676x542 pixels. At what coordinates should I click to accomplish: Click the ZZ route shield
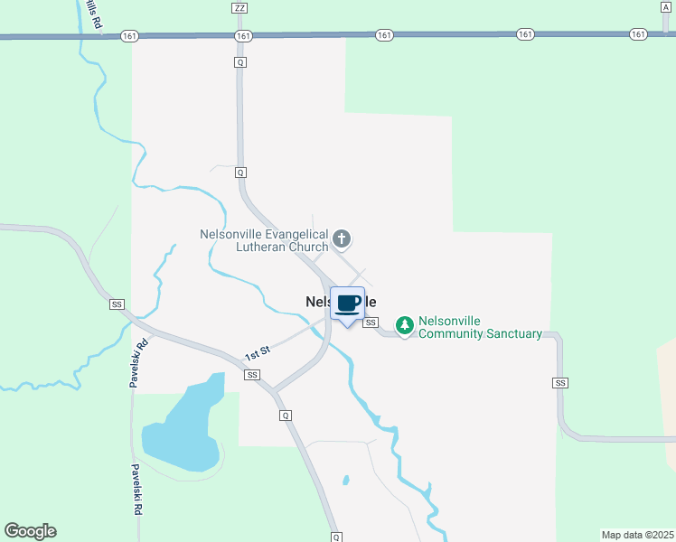(x=239, y=7)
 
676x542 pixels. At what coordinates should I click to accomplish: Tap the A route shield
(x=665, y=6)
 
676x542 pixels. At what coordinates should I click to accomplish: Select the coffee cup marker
(x=348, y=303)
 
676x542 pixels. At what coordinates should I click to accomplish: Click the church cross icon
(x=342, y=238)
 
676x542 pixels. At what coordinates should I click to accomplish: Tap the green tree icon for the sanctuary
(x=406, y=324)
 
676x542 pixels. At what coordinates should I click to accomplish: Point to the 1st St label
(x=258, y=351)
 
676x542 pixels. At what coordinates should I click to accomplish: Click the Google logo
(x=30, y=531)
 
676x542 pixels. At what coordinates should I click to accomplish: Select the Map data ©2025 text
(x=636, y=535)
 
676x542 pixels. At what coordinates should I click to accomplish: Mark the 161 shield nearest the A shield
(x=639, y=34)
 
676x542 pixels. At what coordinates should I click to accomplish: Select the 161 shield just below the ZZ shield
(x=242, y=35)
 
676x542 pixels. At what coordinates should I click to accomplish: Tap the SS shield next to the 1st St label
(x=252, y=374)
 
